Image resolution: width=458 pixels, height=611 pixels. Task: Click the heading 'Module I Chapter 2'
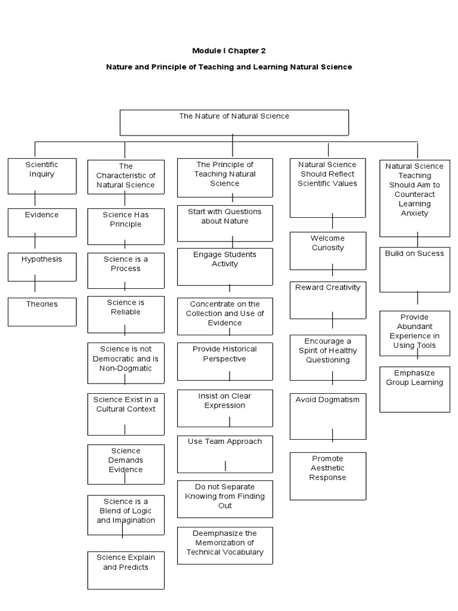(x=229, y=51)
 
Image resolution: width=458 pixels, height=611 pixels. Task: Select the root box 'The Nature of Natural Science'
(x=234, y=122)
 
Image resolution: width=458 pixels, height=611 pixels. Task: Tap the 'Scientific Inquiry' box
(x=42, y=176)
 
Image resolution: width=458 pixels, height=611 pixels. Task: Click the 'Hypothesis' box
(x=42, y=267)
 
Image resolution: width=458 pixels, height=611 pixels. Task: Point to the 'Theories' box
(x=42, y=311)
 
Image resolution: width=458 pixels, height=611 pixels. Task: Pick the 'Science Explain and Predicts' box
(x=125, y=570)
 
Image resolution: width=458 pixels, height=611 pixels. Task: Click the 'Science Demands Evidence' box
(x=125, y=464)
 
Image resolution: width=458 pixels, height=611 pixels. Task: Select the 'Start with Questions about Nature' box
(x=225, y=223)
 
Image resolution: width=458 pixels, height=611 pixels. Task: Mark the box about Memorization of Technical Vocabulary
(x=225, y=545)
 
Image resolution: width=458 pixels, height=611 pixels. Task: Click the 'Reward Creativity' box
(x=327, y=300)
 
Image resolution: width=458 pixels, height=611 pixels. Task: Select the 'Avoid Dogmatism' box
(x=327, y=416)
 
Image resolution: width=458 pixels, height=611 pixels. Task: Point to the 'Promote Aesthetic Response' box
(x=327, y=476)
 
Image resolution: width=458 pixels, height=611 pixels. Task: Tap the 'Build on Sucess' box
(x=414, y=269)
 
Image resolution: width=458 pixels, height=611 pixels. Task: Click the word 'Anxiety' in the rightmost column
(x=414, y=213)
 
